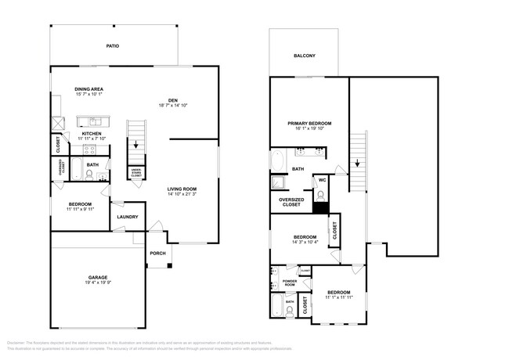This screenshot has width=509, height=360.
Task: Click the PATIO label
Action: pyautogui.click(x=114, y=46)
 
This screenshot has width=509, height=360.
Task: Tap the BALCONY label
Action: pyautogui.click(x=305, y=56)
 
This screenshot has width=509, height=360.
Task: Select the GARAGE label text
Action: pyautogui.click(x=98, y=278)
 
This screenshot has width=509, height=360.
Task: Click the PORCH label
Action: pyautogui.click(x=158, y=253)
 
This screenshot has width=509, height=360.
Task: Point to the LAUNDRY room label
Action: pyautogui.click(x=128, y=218)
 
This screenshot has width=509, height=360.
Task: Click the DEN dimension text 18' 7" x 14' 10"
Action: pyautogui.click(x=173, y=105)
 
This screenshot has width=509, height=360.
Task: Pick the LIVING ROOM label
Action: pyautogui.click(x=182, y=189)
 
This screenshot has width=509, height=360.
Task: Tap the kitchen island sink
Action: pyautogui.click(x=94, y=122)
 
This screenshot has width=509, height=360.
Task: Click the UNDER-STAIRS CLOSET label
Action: pyautogui.click(x=136, y=175)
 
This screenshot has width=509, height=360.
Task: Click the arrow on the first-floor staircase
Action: pyautogui.click(x=136, y=143)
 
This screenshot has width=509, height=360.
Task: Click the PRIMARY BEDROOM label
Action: pyautogui.click(x=309, y=124)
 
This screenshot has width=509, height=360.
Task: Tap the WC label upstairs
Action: pyautogui.click(x=322, y=181)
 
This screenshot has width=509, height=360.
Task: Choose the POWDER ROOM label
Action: pyautogui.click(x=288, y=284)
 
